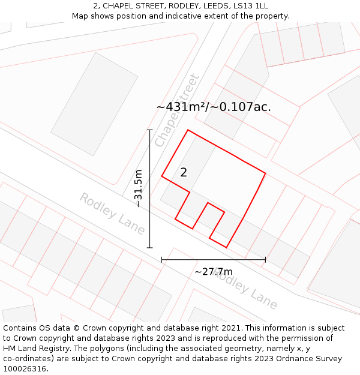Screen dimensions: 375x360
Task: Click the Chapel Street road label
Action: coord(176,110)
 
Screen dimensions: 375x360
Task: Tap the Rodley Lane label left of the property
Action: coord(112,213)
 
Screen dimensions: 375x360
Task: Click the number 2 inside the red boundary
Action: coord(184,173)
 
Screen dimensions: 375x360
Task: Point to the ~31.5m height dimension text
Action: coord(139,188)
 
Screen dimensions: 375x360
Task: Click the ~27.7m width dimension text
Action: coord(213,272)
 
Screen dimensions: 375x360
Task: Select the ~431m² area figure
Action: coord(182,107)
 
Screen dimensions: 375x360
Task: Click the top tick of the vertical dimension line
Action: coord(149,130)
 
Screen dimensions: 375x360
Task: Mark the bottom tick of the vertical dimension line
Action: coord(149,247)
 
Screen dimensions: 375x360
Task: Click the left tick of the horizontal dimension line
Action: coord(162,260)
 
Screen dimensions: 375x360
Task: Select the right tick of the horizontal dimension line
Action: coord(265,260)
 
